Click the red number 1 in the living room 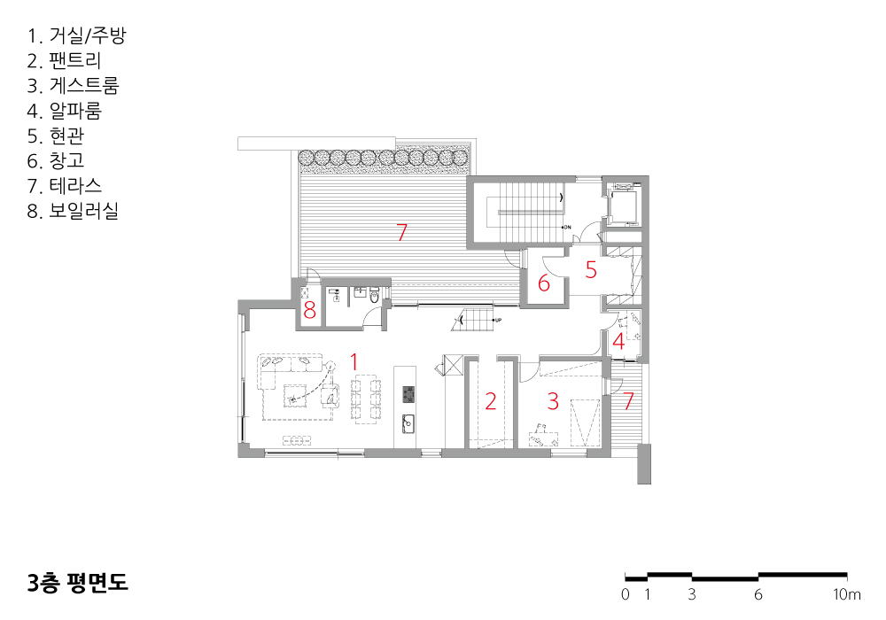pyautogui.click(x=354, y=361)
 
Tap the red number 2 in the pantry pyautogui.click(x=491, y=401)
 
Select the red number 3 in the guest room pyautogui.click(x=553, y=401)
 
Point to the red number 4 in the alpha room pyautogui.click(x=618, y=341)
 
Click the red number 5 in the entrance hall pyautogui.click(x=591, y=270)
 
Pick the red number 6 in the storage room pyautogui.click(x=544, y=283)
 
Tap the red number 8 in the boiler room pyautogui.click(x=309, y=310)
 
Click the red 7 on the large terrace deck pyautogui.click(x=401, y=232)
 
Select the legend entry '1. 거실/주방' pyautogui.click(x=77, y=35)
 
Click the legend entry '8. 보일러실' pyautogui.click(x=73, y=211)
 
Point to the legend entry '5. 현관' pyautogui.click(x=55, y=136)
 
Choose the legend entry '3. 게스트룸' pyautogui.click(x=73, y=85)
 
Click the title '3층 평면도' pyautogui.click(x=78, y=583)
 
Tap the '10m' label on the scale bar pyautogui.click(x=847, y=594)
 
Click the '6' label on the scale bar pyautogui.click(x=758, y=594)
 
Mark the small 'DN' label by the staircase pyautogui.click(x=567, y=227)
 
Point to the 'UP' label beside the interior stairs pyautogui.click(x=498, y=320)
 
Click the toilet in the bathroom pyautogui.click(x=374, y=296)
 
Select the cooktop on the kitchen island pyautogui.click(x=408, y=395)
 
